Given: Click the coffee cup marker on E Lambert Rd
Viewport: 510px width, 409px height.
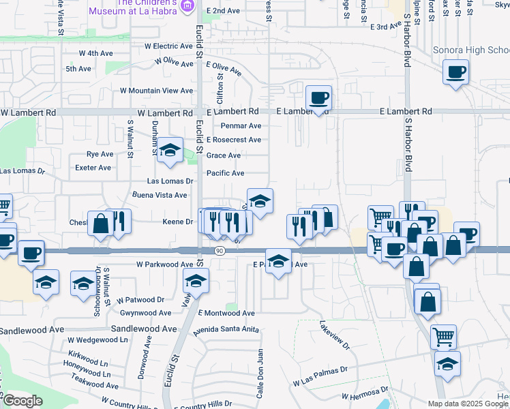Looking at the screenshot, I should pyautogui.click(x=318, y=97).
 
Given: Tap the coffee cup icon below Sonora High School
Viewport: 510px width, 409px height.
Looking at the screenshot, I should pyautogui.click(x=455, y=72).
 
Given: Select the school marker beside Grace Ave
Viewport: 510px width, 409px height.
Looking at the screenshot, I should pyautogui.click(x=170, y=151).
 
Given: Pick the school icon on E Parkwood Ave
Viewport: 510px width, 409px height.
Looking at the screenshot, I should pyautogui.click(x=278, y=260).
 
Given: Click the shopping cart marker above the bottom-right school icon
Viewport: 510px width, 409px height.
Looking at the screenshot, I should pyautogui.click(x=443, y=335).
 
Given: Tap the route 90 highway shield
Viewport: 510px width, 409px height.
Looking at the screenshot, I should pyautogui.click(x=218, y=251).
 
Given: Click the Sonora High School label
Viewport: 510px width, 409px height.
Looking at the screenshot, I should pyautogui.click(x=471, y=50).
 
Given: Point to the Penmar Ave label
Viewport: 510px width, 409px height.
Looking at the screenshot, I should pyautogui.click(x=241, y=126).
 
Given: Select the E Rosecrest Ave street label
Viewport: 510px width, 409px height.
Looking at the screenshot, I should pyautogui.click(x=234, y=140).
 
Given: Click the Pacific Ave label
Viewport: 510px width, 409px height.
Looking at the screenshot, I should pyautogui.click(x=225, y=173).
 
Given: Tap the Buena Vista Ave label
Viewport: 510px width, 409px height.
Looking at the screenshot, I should pyautogui.click(x=160, y=195).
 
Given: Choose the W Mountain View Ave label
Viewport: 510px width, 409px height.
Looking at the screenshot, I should pyautogui.click(x=157, y=91).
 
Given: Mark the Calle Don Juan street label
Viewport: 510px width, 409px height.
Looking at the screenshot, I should pyautogui.click(x=260, y=374).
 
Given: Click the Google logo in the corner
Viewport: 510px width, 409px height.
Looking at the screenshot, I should pyautogui.click(x=22, y=401).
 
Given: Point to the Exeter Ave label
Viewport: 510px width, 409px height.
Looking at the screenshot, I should pyautogui.click(x=93, y=168).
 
